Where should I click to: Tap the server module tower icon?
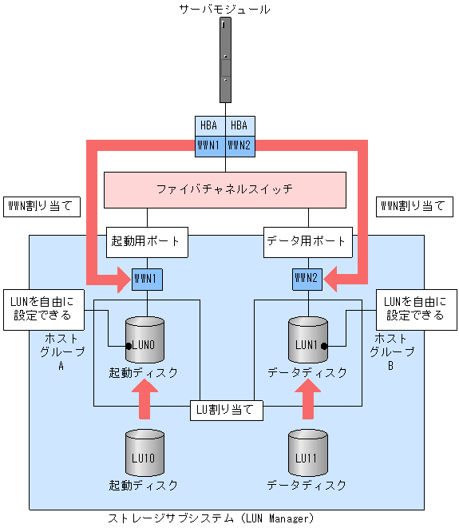coord(225,61)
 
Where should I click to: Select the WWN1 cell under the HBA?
coord(210,145)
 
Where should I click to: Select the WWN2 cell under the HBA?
coord(239,145)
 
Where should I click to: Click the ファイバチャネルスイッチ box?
coord(224,190)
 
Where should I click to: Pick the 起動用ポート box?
coord(146,240)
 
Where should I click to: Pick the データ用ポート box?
coord(307,240)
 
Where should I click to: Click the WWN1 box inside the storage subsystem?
coord(146,279)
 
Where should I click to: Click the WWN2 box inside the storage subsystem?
coord(307,279)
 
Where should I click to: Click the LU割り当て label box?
coord(226,410)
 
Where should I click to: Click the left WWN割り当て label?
coord(41,206)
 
